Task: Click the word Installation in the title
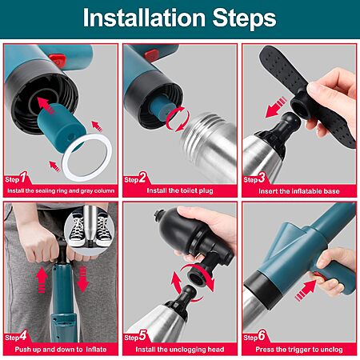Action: [x=144, y=18]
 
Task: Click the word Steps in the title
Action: [x=244, y=18]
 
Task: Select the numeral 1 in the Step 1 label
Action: [x=24, y=177]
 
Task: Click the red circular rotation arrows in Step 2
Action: [x=178, y=118]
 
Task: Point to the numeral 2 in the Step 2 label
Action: [x=142, y=178]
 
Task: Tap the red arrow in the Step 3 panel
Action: [x=276, y=107]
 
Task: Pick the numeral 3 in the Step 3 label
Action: [x=262, y=178]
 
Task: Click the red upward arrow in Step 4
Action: [x=42, y=280]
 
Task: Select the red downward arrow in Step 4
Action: [x=83, y=279]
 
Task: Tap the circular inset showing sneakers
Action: [x=90, y=230]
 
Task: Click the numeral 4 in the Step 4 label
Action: [x=23, y=336]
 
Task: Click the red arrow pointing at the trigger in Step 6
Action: [x=306, y=290]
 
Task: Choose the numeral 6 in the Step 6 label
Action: [x=262, y=336]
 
